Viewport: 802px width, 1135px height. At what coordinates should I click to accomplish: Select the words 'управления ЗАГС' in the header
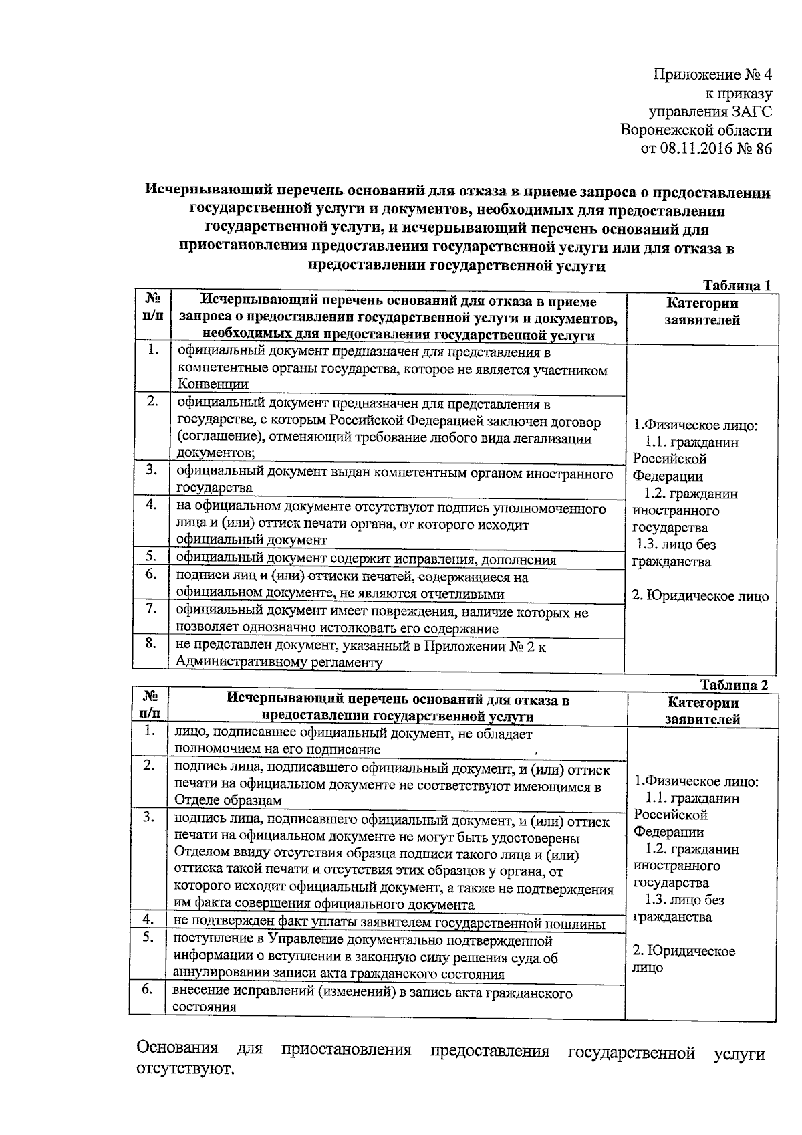(710, 112)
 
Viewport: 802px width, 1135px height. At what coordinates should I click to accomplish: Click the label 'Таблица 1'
(737, 285)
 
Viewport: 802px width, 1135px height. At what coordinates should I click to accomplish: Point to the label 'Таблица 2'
(734, 685)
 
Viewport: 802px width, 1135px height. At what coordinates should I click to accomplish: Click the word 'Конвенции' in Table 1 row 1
(213, 384)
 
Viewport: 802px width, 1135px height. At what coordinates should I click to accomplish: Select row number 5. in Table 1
(152, 556)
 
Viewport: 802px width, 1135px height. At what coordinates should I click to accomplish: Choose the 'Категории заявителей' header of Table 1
(702, 312)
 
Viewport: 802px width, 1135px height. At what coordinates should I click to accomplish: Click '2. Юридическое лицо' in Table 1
(700, 596)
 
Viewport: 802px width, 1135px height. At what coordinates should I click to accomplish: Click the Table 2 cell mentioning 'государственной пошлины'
(389, 924)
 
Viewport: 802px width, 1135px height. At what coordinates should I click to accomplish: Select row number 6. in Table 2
(148, 989)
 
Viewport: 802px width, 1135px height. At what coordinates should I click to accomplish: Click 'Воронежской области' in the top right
(695, 130)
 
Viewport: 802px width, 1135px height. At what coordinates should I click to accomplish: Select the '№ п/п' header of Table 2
(150, 705)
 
